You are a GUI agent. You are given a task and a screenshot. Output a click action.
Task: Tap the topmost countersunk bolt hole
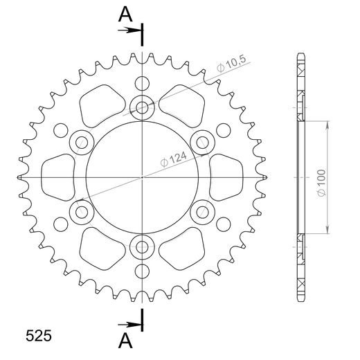[x=142, y=107]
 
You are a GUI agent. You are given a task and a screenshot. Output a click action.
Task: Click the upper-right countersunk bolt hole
[x=202, y=143]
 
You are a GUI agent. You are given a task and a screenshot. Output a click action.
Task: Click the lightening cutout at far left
[x=60, y=175]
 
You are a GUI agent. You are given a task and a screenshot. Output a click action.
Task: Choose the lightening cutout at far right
[x=224, y=175]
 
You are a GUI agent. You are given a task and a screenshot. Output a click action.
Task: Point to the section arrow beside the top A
[x=128, y=30]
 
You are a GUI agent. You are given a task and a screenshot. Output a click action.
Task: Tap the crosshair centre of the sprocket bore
[x=142, y=177]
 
